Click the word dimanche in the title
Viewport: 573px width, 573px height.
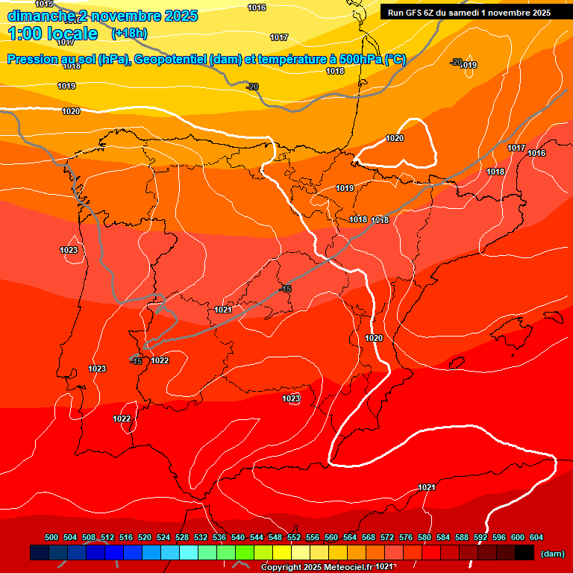[37, 16]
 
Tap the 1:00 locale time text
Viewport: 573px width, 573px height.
[53, 34]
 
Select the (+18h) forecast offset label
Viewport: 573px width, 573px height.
[129, 34]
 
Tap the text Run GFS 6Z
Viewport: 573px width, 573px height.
[413, 13]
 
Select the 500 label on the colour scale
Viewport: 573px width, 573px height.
[51, 538]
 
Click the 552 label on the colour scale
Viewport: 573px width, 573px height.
[294, 538]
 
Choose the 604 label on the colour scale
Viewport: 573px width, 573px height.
[536, 538]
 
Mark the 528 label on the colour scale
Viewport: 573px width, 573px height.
[182, 538]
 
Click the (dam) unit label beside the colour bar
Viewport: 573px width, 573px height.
[553, 554]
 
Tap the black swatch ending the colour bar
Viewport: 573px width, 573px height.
[525, 553]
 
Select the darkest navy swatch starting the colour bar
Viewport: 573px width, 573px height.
[40, 553]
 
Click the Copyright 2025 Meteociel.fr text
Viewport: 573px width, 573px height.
[317, 568]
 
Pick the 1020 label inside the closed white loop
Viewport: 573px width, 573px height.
[395, 138]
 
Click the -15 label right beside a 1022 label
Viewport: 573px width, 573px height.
[136, 361]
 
